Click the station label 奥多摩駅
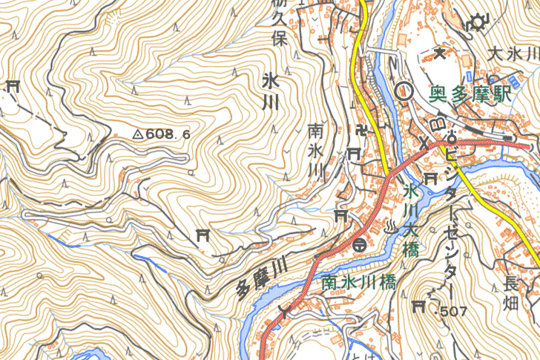pos(471,95)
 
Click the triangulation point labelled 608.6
pos(137,135)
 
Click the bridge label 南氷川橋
pos(358,282)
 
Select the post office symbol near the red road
pos(358,244)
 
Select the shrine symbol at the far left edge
pos(12,86)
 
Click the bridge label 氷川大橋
pos(409,220)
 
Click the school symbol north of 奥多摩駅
pos(439,53)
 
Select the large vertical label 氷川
pos(269,91)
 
